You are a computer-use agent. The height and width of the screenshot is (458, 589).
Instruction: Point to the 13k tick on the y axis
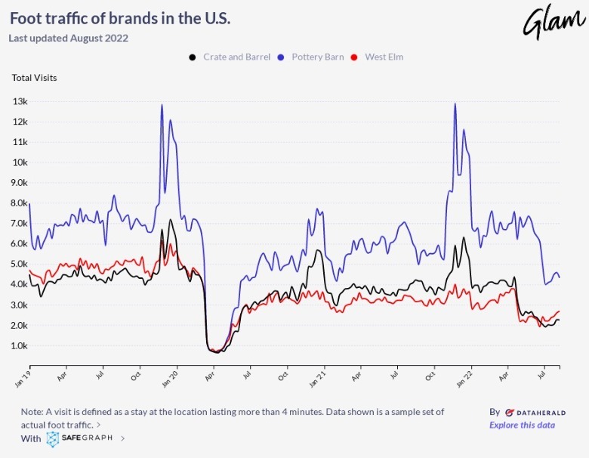[20, 101]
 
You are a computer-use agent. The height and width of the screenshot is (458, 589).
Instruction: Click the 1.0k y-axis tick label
[20, 345]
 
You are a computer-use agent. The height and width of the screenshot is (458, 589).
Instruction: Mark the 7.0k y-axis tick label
[20, 224]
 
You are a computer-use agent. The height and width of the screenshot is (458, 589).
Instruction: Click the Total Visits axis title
[34, 77]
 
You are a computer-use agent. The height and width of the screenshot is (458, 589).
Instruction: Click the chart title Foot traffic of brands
[119, 18]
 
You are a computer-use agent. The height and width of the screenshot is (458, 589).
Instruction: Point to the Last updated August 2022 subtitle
[68, 38]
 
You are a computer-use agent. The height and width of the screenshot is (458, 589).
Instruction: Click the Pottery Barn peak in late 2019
[162, 105]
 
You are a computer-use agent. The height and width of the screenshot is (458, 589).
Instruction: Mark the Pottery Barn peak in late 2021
[455, 104]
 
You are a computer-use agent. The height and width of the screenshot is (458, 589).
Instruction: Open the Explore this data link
[522, 425]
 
